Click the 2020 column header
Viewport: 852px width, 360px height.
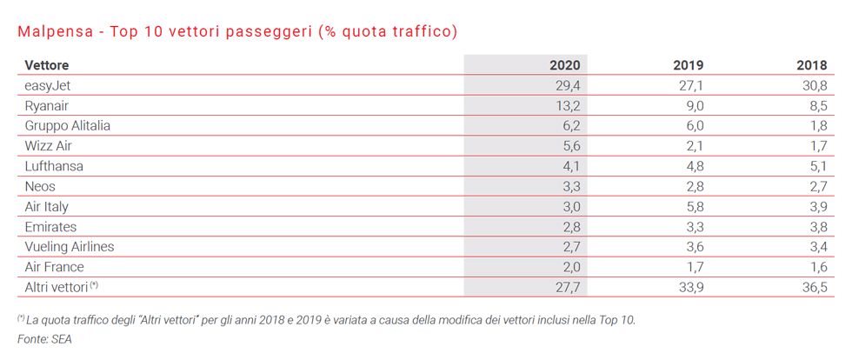tap(565, 65)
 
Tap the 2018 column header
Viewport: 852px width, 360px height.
tap(811, 65)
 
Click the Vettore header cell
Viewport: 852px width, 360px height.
tap(47, 65)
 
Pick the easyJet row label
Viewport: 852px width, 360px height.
tap(50, 85)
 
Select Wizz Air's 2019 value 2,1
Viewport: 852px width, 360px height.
tap(693, 146)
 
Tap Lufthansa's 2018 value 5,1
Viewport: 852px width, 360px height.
tap(816, 166)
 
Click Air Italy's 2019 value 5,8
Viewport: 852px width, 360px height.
tap(693, 206)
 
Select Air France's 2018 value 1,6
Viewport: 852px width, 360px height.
tap(816, 267)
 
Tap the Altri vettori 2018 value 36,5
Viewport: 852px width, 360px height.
tap(813, 287)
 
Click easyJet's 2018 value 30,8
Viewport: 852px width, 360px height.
tap(813, 85)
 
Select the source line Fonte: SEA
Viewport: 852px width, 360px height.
tap(44, 339)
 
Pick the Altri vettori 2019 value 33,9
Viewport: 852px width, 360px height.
tap(689, 287)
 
